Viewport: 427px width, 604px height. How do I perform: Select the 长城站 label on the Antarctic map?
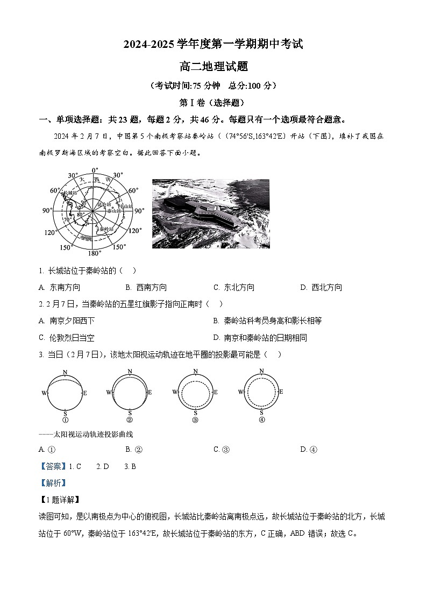tap(70, 193)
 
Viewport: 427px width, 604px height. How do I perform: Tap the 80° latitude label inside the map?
tap(80, 215)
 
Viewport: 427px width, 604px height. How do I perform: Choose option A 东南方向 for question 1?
tap(59, 287)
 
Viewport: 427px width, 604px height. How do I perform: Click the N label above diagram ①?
tap(65, 372)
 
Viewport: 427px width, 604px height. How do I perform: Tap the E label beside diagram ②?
tap(150, 393)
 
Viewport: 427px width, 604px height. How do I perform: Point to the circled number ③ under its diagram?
tap(195, 420)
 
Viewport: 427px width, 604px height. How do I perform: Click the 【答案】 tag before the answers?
tap(53, 466)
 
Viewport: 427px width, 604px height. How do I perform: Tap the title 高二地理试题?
tap(213, 67)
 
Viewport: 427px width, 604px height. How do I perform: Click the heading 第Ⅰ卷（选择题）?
tap(213, 102)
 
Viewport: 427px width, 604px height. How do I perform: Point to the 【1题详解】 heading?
tap(59, 500)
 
